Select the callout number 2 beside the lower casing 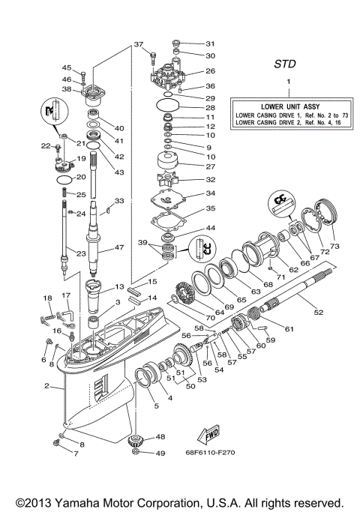(x=47, y=387)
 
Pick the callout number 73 (x=334, y=246)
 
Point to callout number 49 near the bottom (x=160, y=452)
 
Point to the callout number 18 (x=47, y=298)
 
